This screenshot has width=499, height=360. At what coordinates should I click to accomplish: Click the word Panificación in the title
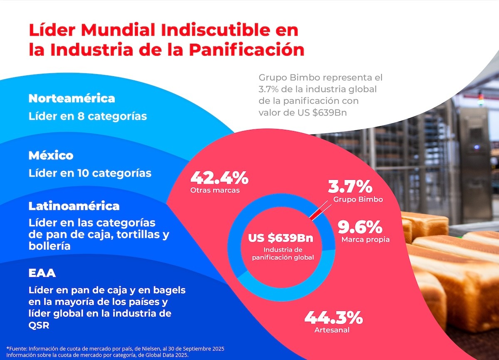tap(246, 50)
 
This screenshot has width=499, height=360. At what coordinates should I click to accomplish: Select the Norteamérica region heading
tap(72, 99)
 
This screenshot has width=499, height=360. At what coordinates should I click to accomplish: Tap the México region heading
tap(51, 156)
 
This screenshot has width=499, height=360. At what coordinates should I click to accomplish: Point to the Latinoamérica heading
tap(74, 206)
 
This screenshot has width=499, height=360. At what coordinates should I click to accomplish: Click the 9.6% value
tap(360, 227)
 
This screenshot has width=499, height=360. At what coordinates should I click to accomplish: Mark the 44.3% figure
tap(333, 318)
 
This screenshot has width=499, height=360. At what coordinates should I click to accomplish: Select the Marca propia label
tap(365, 240)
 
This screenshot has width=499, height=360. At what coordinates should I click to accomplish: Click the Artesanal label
tap(332, 330)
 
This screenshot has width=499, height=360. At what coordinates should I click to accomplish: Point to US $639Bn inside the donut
tap(281, 238)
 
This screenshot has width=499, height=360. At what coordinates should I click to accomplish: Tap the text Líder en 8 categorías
tap(88, 116)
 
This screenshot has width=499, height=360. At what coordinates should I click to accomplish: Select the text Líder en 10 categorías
tap(90, 173)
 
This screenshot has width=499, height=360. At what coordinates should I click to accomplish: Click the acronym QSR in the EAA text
tap(39, 325)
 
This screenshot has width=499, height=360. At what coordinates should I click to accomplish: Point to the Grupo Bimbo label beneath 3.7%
tap(358, 199)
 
